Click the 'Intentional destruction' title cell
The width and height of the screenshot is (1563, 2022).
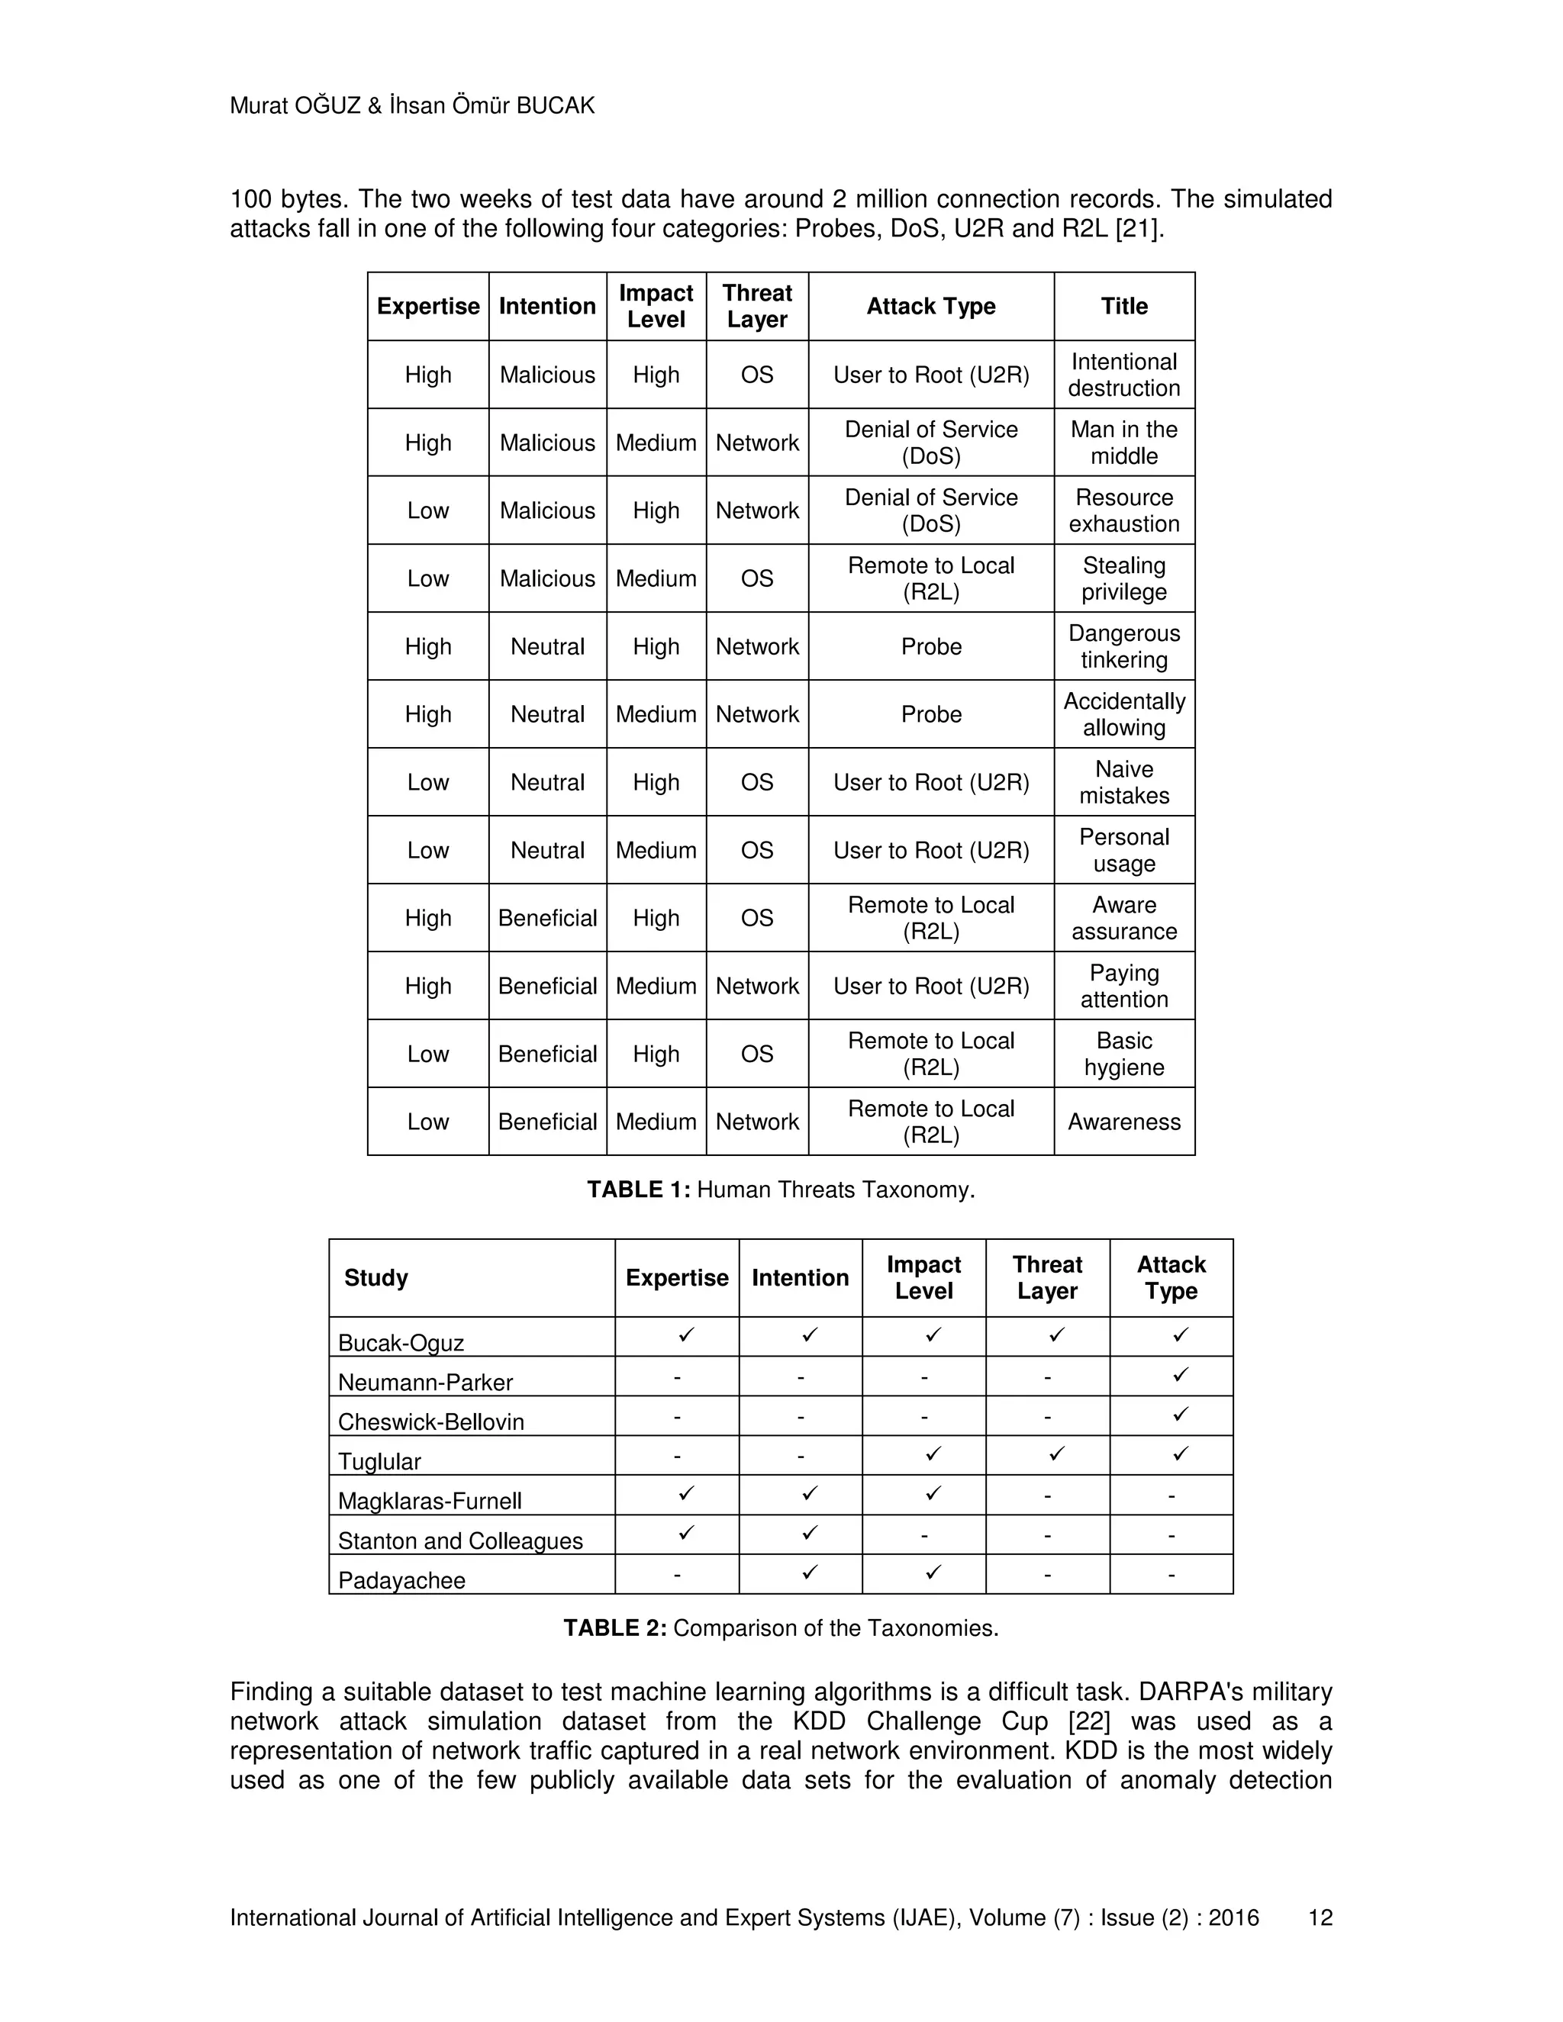tap(1123, 375)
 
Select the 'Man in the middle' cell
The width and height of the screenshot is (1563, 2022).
tap(1123, 443)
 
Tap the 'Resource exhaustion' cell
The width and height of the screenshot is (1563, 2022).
tap(1123, 510)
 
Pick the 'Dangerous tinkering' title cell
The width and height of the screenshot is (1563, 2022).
tap(1123, 646)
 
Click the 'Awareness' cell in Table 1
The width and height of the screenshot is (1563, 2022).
tap(1123, 1122)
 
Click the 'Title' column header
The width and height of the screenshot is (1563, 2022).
tap(1123, 307)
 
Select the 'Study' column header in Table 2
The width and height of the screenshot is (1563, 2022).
tap(376, 1279)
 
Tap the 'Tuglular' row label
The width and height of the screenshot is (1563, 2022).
tap(379, 1462)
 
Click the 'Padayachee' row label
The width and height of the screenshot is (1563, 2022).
tap(402, 1580)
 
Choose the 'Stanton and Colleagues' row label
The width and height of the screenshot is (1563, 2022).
tap(460, 1541)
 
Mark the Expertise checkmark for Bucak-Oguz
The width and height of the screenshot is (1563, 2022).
tap(685, 1335)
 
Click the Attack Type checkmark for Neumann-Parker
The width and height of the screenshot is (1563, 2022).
tap(1180, 1375)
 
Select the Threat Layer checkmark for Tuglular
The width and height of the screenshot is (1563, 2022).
tap(1056, 1454)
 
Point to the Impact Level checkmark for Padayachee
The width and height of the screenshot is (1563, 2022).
tap(933, 1572)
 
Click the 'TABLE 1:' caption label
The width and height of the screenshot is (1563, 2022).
tap(638, 1190)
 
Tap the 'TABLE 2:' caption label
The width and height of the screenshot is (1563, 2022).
tap(615, 1628)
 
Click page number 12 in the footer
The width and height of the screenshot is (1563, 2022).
tap(1320, 1917)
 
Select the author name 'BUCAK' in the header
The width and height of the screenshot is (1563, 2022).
tap(555, 105)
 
